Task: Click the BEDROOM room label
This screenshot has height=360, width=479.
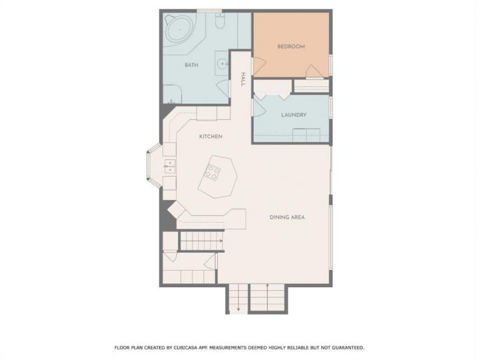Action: point(291,47)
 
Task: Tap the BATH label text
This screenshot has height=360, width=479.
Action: point(191,65)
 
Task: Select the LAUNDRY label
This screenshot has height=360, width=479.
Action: point(294,115)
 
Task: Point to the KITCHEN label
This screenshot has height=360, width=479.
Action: point(211,136)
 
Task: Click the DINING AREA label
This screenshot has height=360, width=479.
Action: point(287,217)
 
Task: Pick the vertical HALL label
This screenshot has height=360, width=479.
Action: point(243,79)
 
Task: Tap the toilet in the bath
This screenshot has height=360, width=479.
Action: point(220,21)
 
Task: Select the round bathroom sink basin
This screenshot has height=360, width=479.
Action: point(223,64)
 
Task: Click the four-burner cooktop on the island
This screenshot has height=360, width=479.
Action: point(213,173)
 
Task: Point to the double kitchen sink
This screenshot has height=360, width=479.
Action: point(170,166)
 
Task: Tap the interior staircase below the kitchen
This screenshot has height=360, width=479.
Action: point(202,241)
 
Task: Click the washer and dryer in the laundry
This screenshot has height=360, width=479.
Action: point(306,135)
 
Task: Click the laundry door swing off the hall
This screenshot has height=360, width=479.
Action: point(258,107)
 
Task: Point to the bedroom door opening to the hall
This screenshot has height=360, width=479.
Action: point(258,66)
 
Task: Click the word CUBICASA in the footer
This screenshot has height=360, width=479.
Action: point(187,347)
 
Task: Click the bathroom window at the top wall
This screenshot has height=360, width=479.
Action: point(209,11)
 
